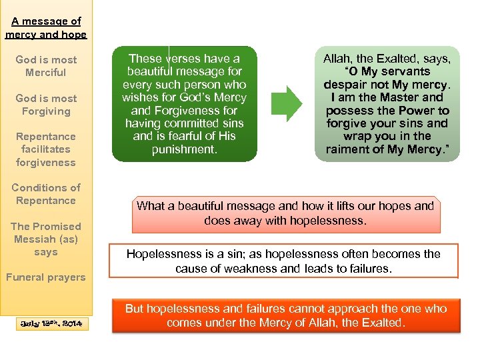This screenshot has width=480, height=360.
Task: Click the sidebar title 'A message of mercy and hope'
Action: click(x=46, y=28)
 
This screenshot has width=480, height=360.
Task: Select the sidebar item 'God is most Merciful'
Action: click(x=46, y=66)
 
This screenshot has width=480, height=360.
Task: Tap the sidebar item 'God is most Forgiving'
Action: click(x=46, y=105)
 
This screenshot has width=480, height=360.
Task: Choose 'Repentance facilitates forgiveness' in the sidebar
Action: click(x=46, y=149)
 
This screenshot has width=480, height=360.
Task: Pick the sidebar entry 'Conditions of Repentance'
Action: click(x=46, y=194)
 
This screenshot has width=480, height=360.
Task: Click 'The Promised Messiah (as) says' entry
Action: click(x=46, y=239)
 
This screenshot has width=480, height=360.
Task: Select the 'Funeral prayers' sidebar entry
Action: click(x=46, y=277)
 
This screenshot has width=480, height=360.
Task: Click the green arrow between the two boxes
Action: click(x=286, y=104)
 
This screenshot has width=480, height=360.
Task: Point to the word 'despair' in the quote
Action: click(x=347, y=85)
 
